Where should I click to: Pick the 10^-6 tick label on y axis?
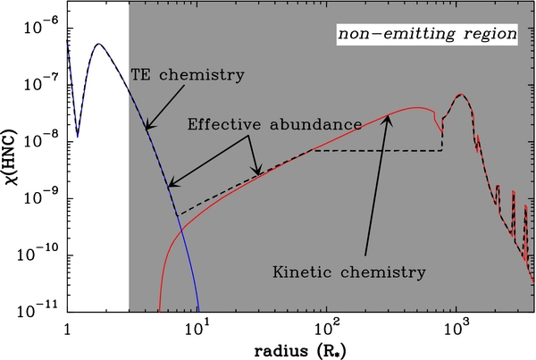(x=43, y=29)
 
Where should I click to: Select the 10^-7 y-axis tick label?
(x=43, y=85)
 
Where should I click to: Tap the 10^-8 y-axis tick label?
(x=43, y=141)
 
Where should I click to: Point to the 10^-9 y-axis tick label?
(x=43, y=197)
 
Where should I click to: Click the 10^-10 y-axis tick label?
(x=41, y=254)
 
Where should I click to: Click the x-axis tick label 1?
(x=68, y=327)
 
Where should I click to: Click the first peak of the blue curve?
(x=99, y=44)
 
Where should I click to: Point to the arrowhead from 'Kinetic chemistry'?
(x=388, y=117)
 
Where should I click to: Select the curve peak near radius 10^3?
(x=460, y=94)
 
